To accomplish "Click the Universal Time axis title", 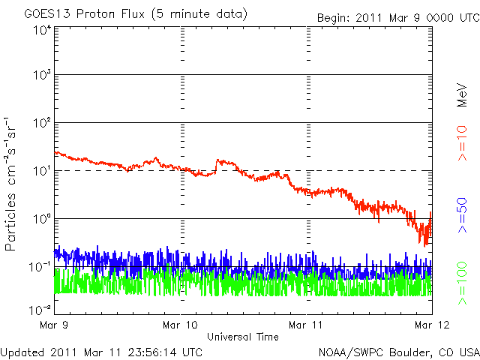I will [243, 337].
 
